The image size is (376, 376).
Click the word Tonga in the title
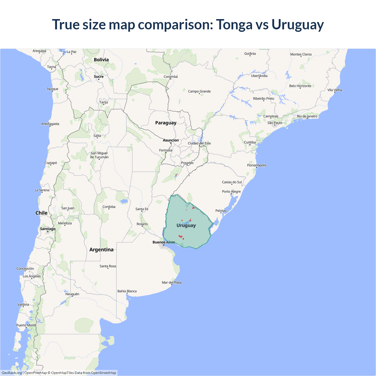[234, 25]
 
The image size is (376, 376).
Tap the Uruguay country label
[186, 225]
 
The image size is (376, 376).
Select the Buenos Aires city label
[164, 242]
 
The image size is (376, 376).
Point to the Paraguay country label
[166, 123]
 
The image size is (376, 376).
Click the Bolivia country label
[101, 60]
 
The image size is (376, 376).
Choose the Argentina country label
[101, 250]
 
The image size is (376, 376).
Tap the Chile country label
[41, 213]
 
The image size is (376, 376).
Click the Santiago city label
[48, 229]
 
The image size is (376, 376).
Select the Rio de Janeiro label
[307, 116]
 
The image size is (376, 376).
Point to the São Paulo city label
[275, 123]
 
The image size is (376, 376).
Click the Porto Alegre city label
[231, 192]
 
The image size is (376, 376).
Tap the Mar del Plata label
[172, 283]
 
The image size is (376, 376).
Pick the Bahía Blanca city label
[127, 291]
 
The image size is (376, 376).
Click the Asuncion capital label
[171, 140]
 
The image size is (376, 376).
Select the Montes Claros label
[301, 54]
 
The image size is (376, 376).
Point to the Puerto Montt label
[26, 325]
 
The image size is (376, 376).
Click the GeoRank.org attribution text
[12, 373]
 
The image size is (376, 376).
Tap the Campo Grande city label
[199, 91]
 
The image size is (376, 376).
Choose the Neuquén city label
[72, 294]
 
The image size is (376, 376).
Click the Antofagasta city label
[50, 124]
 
